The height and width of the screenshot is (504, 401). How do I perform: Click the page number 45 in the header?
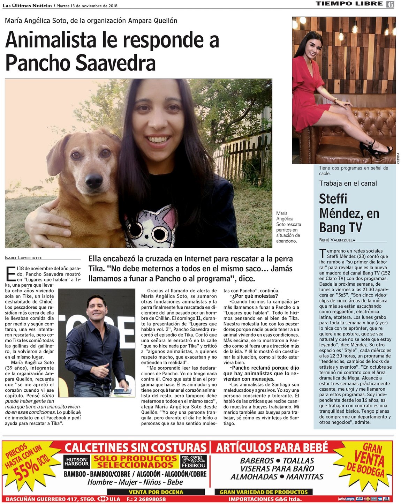[390, 4]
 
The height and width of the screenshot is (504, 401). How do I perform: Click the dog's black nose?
[93, 181]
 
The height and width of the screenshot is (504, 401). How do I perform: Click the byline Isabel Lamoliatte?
[24, 258]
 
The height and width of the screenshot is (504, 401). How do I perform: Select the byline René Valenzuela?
[337, 240]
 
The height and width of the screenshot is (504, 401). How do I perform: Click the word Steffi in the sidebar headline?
[333, 199]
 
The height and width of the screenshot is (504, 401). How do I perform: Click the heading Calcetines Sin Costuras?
[136, 447]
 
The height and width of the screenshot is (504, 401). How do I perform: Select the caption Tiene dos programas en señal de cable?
[353, 171]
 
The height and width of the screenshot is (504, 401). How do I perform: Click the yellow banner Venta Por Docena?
[156, 492]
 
